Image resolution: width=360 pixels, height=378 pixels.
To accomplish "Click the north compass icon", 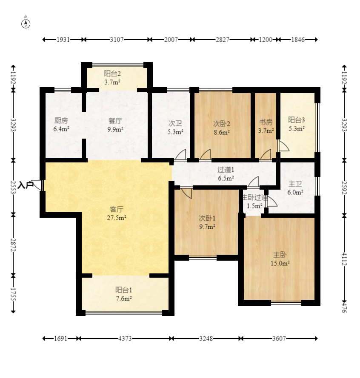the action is pos(26,24).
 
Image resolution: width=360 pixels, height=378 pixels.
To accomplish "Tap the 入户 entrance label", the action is pos(26,185).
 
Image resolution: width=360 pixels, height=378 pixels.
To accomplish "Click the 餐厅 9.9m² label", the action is pos(115,125).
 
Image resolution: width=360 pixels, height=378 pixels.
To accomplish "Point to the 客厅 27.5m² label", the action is pos(117,213).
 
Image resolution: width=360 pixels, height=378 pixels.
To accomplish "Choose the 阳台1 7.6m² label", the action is pos(124,294).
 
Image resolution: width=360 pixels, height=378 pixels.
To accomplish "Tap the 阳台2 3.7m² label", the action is pos(112,78).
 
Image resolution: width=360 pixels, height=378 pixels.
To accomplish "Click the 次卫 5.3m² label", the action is pos(175,128).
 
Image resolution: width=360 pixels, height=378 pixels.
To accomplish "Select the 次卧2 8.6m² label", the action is pos(222,128).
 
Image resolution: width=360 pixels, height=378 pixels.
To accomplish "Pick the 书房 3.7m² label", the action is pos(266,126).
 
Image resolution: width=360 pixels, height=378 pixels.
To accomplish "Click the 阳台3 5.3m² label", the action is pos(297,124).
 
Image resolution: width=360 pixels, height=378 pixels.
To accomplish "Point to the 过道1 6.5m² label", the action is pos(226,174).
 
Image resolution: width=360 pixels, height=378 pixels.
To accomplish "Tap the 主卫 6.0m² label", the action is pos(295,188).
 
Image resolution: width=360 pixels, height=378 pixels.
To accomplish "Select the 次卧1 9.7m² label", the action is pos(207,222).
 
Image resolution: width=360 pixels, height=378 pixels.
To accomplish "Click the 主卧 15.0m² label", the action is pos(280,259).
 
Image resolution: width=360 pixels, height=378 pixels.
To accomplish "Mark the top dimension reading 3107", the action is pos(117,40).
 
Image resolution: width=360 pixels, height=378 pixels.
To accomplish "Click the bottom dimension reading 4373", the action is pos(125,339).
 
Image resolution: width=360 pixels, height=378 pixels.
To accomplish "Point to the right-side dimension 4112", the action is pos(344,259).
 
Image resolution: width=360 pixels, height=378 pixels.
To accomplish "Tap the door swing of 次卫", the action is pos(180,154).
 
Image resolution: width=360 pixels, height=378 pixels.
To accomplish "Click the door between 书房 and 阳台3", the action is pos(283,146).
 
